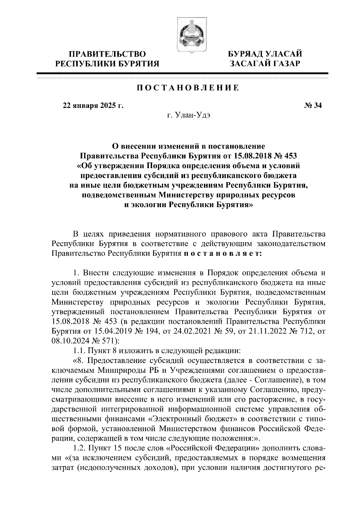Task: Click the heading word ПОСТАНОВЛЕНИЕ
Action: [x=188, y=88]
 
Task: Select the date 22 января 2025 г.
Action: [x=93, y=106]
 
